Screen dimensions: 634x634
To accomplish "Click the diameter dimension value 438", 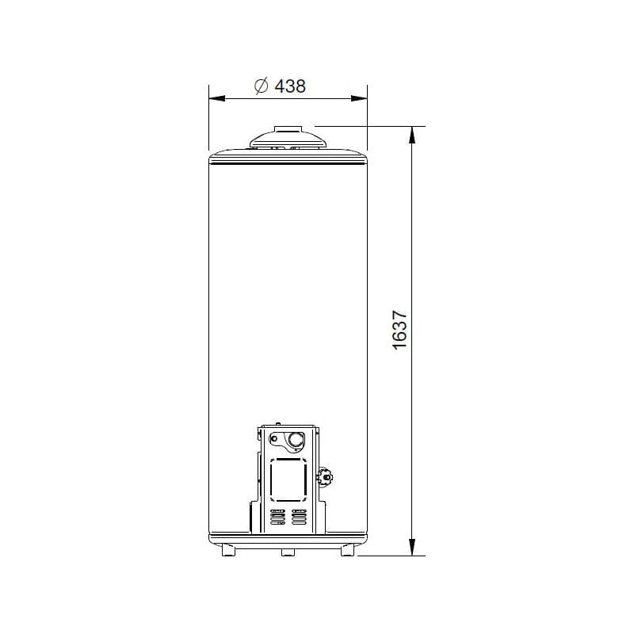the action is tap(290, 86).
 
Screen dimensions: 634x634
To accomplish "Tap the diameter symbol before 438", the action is tap(262, 86).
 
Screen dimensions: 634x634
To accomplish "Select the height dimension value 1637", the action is tap(399, 330).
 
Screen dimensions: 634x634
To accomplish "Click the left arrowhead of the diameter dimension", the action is tap(216, 98).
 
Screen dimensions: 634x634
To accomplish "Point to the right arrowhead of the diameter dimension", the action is tap(359, 98).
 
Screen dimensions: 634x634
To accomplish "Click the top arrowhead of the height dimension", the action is tap(412, 135).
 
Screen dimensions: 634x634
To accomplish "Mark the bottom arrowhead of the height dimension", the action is tap(412, 547).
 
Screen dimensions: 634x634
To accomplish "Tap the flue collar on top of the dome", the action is tap(288, 129).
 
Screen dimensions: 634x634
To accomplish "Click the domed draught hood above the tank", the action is tap(288, 140).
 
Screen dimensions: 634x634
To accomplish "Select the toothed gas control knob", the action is tap(325, 477).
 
